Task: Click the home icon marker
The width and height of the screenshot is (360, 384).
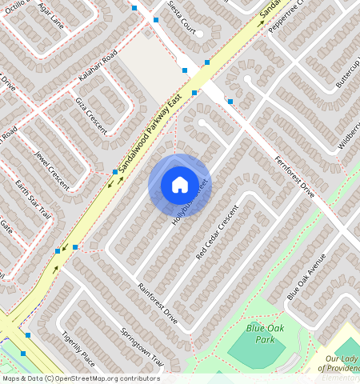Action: tap(180, 185)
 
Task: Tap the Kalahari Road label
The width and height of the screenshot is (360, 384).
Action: tap(98, 66)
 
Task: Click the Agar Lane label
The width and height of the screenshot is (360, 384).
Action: tap(50, 19)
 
